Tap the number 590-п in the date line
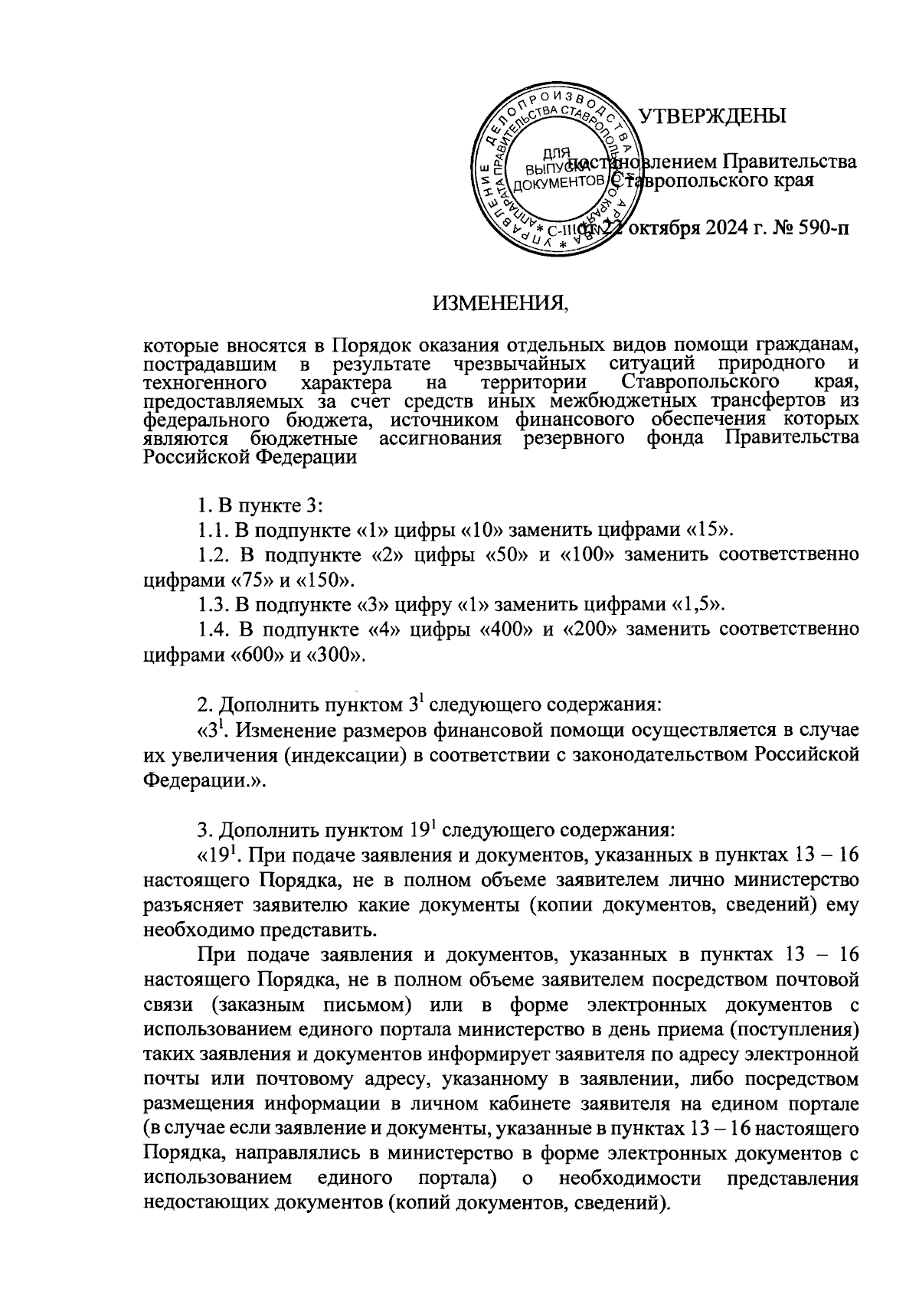pos(823,228)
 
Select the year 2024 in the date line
pos(718,228)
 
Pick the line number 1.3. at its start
pos(209,605)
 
